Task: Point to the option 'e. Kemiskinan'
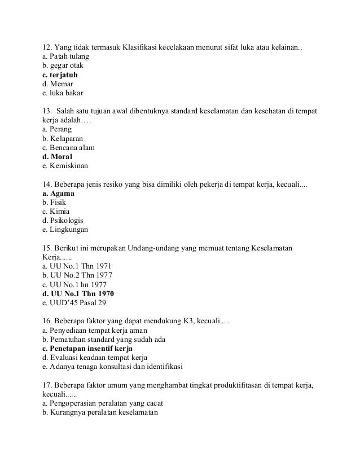pos(65,166)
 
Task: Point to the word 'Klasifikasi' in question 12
pos(139,47)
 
